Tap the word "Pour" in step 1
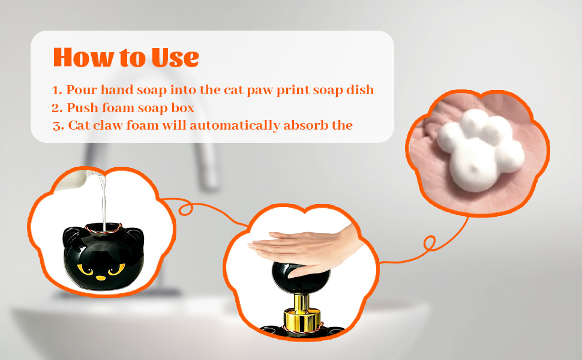(x=80, y=90)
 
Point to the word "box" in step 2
(x=182, y=108)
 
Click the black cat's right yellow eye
(x=119, y=270)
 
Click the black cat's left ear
(x=71, y=233)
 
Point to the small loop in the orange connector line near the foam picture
(x=430, y=244)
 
